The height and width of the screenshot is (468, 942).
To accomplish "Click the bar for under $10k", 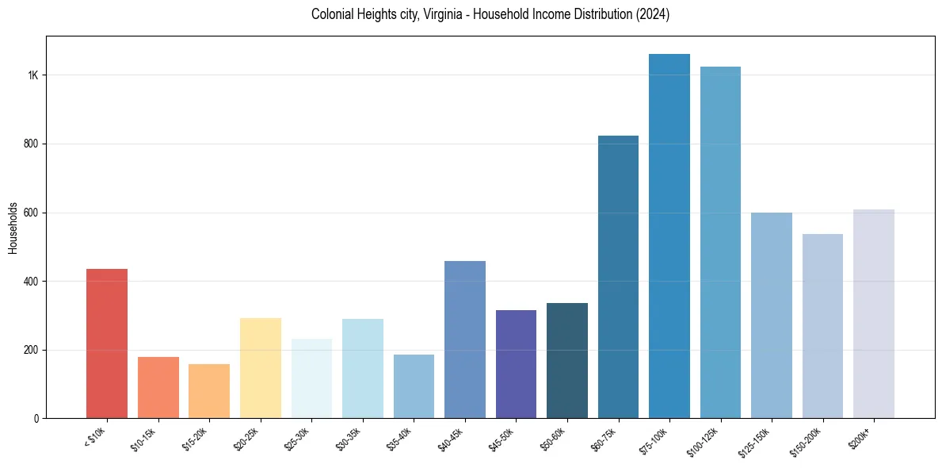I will tap(107, 343).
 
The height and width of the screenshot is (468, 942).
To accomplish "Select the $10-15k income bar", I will tap(158, 388).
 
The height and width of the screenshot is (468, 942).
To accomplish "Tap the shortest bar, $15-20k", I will tap(209, 391).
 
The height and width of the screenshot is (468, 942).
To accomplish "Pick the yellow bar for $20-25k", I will tap(261, 368).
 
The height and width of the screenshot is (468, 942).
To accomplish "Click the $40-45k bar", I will tap(465, 339).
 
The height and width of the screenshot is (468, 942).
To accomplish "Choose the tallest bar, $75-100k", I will tap(669, 236).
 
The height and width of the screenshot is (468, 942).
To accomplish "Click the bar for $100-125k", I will tap(720, 243).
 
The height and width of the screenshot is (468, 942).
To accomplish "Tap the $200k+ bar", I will tap(874, 314).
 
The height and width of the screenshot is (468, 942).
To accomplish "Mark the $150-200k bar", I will tap(822, 326).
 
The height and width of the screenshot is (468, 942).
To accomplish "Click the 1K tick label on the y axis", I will tap(33, 75).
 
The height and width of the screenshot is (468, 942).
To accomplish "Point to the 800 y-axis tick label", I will tap(32, 144).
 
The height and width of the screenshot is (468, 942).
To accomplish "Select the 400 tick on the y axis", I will tap(32, 282).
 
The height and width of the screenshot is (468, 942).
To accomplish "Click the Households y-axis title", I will tap(13, 228).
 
